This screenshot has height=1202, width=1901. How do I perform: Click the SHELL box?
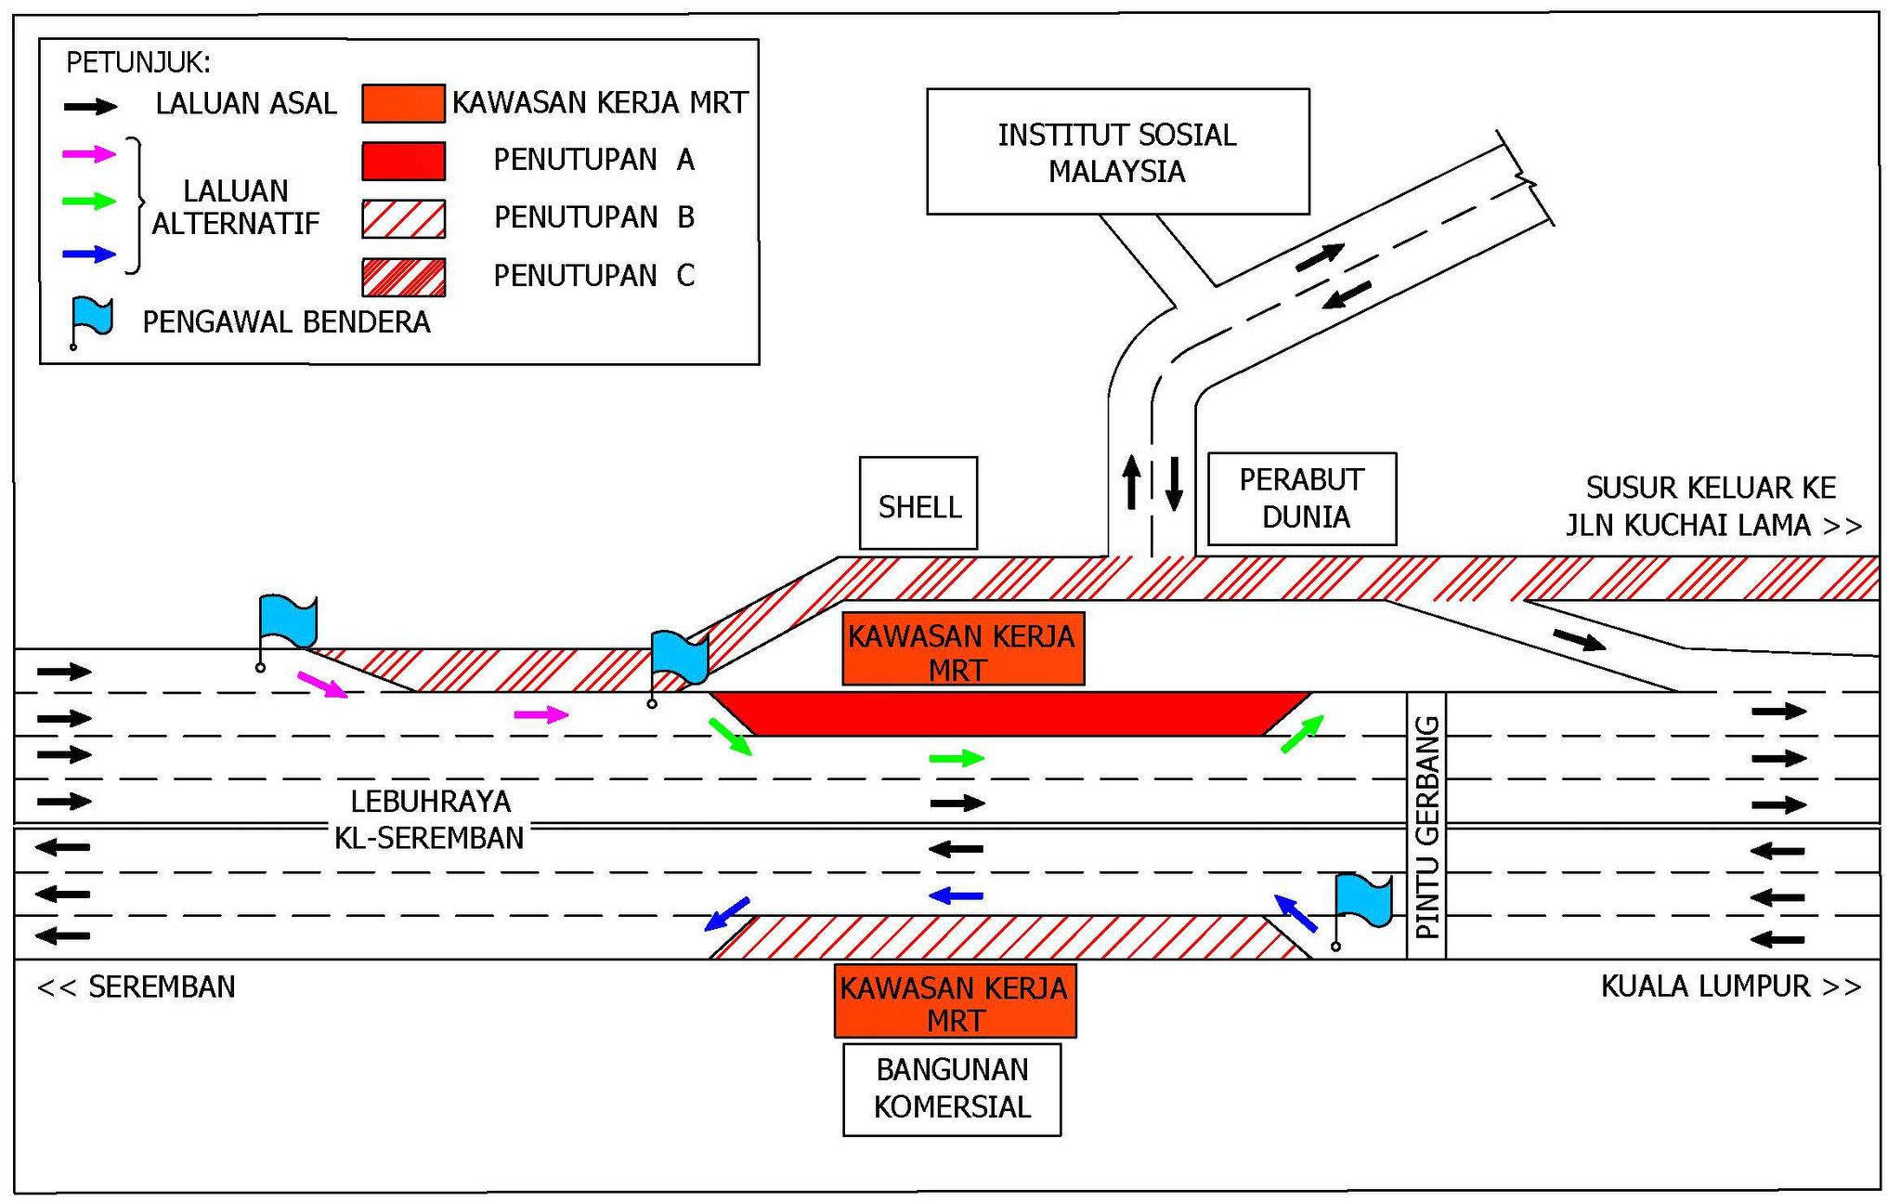pyautogui.click(x=918, y=503)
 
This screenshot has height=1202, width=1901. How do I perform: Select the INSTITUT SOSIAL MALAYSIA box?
pyautogui.click(x=1118, y=151)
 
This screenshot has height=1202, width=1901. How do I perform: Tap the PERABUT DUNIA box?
pyautogui.click(x=1302, y=499)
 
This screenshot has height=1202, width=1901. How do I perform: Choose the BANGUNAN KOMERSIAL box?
pyautogui.click(x=952, y=1089)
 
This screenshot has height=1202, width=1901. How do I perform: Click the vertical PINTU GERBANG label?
pyautogui.click(x=1426, y=827)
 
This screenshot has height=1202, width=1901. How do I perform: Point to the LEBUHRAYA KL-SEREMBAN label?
pyautogui.click(x=430, y=819)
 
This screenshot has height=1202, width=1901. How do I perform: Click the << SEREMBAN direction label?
pyautogui.click(x=137, y=986)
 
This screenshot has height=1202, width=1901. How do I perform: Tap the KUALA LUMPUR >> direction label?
pyautogui.click(x=1731, y=986)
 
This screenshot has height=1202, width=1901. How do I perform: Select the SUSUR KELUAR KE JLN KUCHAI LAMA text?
pyautogui.click(x=1713, y=506)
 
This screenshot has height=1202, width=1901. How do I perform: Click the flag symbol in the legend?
pyautogui.click(x=91, y=320)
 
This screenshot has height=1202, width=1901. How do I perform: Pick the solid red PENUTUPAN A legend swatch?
pyautogui.click(x=403, y=161)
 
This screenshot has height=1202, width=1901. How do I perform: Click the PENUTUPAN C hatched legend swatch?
pyautogui.click(x=403, y=277)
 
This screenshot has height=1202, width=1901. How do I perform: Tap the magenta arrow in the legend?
pyautogui.click(x=89, y=154)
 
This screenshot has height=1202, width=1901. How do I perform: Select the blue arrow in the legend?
pyautogui.click(x=89, y=254)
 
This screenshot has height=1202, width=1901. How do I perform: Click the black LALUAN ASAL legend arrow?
pyautogui.click(x=90, y=107)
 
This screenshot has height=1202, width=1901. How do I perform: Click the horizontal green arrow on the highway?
pyautogui.click(x=957, y=758)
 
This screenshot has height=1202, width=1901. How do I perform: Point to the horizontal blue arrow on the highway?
pyautogui.click(x=956, y=895)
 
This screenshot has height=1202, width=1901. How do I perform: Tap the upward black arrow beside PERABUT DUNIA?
pyautogui.click(x=1131, y=481)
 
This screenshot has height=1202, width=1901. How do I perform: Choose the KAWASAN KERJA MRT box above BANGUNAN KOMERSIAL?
pyautogui.click(x=956, y=1001)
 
